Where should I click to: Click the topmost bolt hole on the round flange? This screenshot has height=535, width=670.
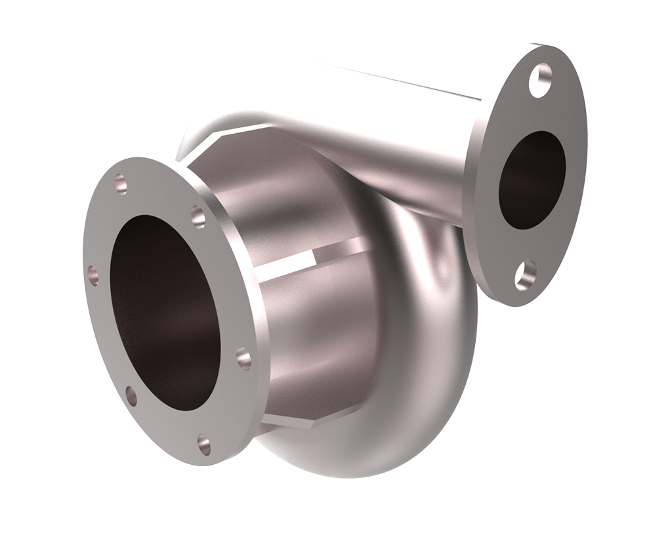click(x=121, y=183)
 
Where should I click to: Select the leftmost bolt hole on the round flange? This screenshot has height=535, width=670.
click(x=93, y=275)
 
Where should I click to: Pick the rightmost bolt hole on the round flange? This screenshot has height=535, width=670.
click(x=243, y=359)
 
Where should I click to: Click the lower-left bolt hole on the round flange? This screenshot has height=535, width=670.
click(x=131, y=395)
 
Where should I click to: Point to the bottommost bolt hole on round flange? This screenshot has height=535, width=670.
click(x=205, y=444)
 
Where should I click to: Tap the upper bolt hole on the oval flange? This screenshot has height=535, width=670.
click(x=539, y=80)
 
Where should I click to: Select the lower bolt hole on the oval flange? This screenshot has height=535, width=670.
click(x=525, y=275)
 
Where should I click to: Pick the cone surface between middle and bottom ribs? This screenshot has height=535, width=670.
click(x=315, y=334)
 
